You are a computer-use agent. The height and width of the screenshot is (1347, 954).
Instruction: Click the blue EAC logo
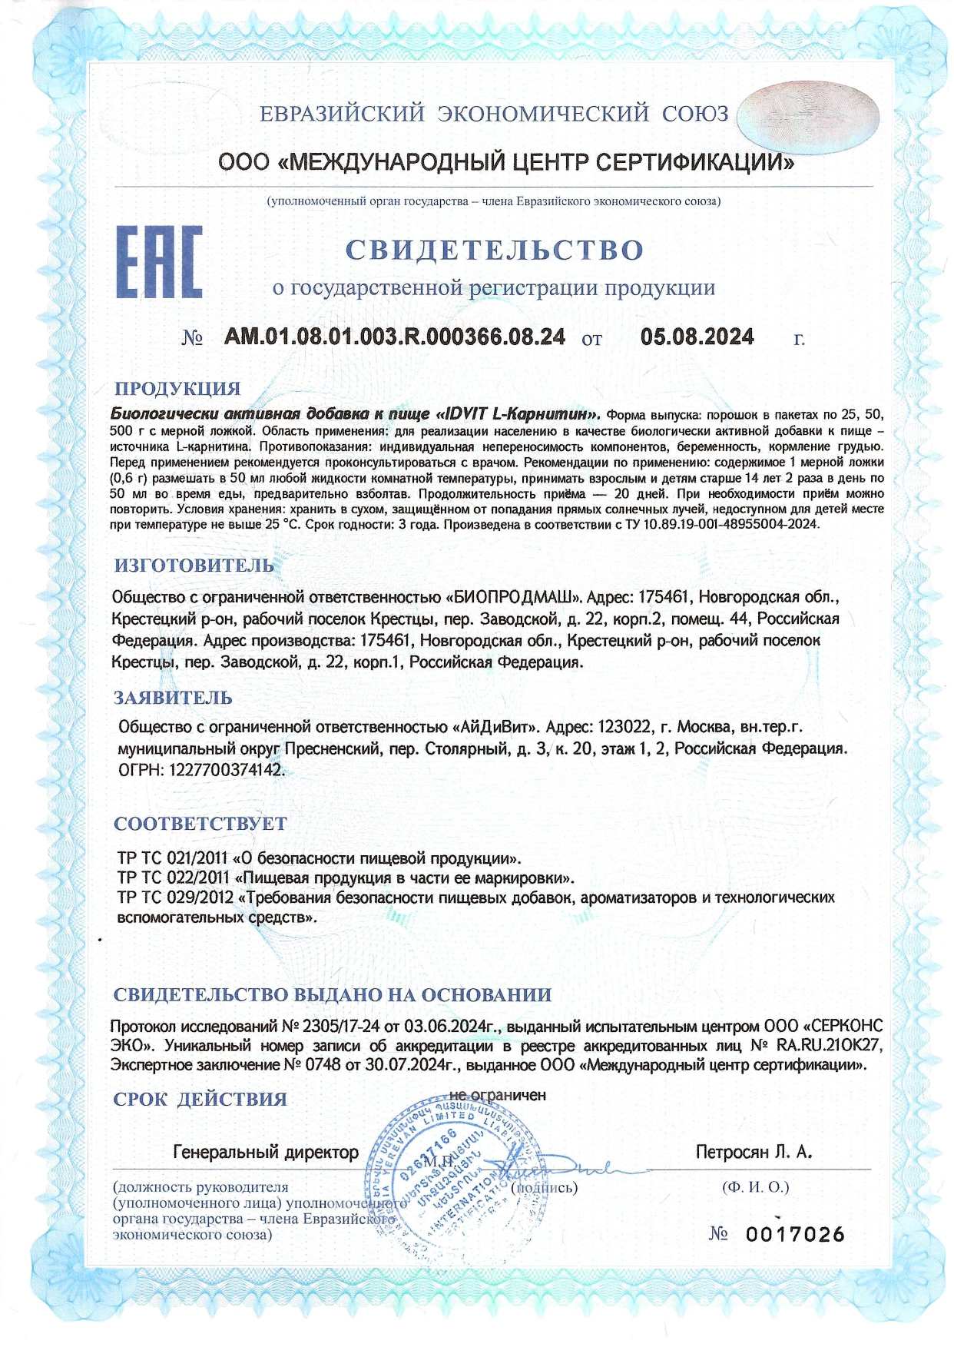(x=159, y=261)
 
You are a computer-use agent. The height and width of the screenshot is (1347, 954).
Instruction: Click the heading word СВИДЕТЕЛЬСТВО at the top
(x=494, y=250)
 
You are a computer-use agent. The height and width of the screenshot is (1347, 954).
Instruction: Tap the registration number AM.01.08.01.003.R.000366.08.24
(x=395, y=337)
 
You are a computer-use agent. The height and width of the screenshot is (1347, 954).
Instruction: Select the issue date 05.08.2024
(x=697, y=337)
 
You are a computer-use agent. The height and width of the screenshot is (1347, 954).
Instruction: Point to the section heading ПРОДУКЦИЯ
(x=177, y=388)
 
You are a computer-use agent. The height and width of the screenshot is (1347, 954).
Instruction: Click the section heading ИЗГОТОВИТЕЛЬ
(x=194, y=565)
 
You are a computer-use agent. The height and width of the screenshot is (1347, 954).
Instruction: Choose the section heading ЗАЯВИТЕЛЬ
(x=173, y=698)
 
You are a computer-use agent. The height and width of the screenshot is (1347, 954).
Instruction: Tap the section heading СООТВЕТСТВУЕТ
(x=200, y=824)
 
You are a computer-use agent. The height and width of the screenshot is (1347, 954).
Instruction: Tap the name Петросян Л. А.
(x=754, y=1152)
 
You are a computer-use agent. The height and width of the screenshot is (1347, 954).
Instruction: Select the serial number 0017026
(x=795, y=1234)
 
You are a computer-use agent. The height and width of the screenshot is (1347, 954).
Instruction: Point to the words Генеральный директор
(x=266, y=1152)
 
